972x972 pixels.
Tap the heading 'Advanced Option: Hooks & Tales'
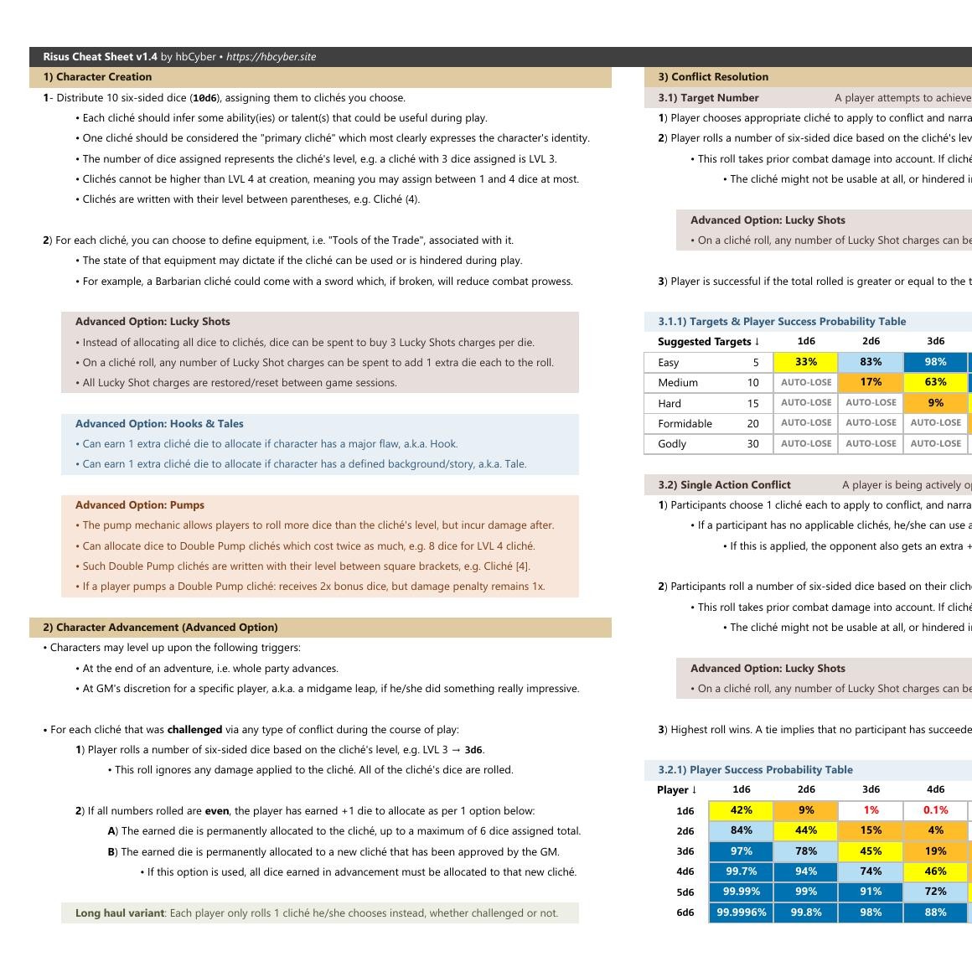pos(159,424)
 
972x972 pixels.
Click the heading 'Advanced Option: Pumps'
pos(139,505)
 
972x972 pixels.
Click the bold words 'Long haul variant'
pos(119,913)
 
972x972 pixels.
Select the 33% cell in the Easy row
pos(806,362)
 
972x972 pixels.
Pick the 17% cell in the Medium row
pos(871,382)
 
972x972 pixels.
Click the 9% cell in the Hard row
pos(935,403)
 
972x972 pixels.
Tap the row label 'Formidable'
pos(685,424)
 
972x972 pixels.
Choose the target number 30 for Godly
pos(752,444)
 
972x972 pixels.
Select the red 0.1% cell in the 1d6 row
pos(935,810)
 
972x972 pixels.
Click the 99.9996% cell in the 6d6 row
pos(741,913)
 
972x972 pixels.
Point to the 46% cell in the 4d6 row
pos(935,871)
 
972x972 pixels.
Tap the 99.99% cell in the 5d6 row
pos(741,892)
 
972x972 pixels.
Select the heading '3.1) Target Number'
pos(708,98)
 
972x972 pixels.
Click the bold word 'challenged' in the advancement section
pos(194,730)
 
